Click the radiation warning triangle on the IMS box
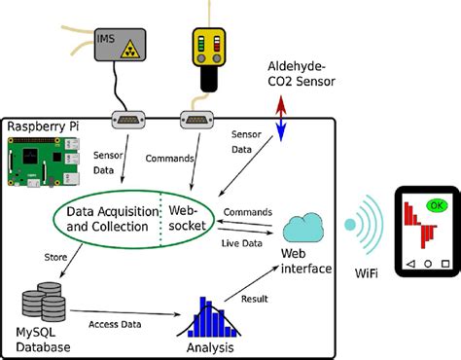[129, 50]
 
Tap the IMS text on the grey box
[106, 39]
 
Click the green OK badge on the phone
[437, 205]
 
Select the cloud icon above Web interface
[303, 228]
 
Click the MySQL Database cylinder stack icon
[44, 302]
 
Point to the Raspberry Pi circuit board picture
[44, 162]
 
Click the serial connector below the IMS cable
[128, 120]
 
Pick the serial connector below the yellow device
[196, 120]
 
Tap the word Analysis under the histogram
[210, 347]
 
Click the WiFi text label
[367, 273]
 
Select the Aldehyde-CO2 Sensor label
[301, 74]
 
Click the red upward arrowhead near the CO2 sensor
[281, 103]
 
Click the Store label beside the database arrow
[55, 257]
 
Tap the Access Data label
[115, 324]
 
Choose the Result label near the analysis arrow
[255, 299]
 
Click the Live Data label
[242, 243]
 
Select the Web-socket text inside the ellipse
[187, 218]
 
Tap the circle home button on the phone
[428, 264]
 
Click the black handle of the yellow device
[209, 79]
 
